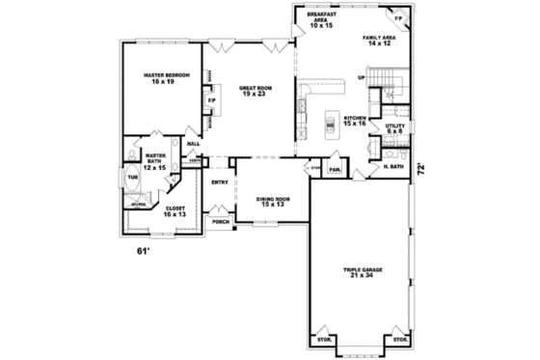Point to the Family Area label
[x=377, y=40]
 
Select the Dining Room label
[x=273, y=203]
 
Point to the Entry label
[x=220, y=182]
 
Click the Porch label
[x=221, y=221]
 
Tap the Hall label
[x=193, y=145]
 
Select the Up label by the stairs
[x=361, y=77]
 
